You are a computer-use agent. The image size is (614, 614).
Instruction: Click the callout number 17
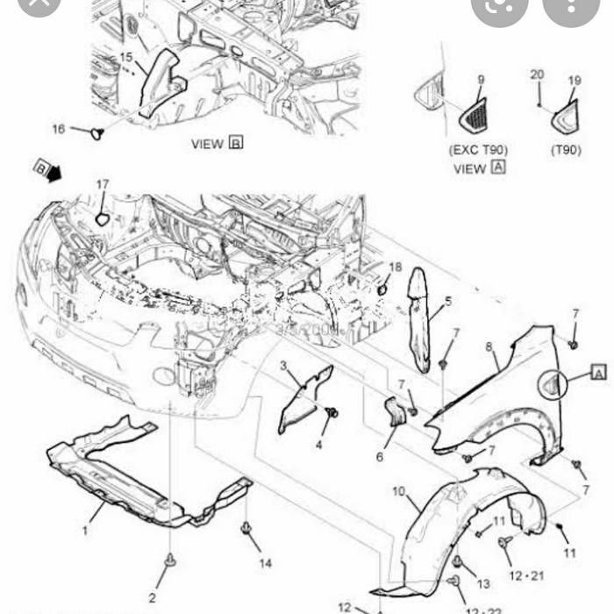point(103,184)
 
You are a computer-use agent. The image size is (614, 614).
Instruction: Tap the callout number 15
point(126,58)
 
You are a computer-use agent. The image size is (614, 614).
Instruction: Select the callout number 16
point(59,129)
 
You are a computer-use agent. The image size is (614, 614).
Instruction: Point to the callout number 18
point(396,267)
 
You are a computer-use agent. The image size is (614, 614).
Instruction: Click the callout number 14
point(266,562)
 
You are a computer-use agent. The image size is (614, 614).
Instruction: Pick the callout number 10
point(398,491)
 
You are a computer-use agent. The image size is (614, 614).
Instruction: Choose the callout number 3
point(283,365)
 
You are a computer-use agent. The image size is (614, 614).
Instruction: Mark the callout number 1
point(86,530)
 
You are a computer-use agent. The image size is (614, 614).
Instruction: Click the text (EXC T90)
point(478,150)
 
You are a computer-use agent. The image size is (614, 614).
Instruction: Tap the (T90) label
point(566,150)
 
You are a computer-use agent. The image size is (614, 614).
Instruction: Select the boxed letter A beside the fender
point(599,374)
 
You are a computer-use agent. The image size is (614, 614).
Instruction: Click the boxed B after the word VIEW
point(235,142)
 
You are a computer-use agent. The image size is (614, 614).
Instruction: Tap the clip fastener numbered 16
point(97,133)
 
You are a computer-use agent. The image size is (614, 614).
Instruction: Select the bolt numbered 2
point(169,559)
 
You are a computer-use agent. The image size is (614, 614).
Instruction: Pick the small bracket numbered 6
point(394,411)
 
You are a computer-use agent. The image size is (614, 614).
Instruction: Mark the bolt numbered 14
point(246,529)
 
